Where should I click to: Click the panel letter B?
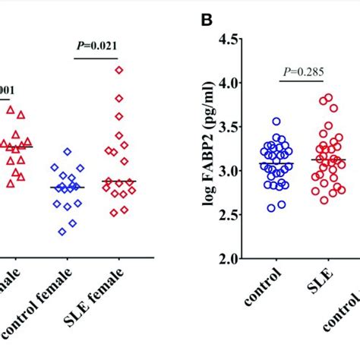coord(206,16)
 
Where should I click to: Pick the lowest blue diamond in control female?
coord(62,232)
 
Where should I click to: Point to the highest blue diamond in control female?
coord(68,152)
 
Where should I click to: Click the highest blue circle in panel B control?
coord(276,122)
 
